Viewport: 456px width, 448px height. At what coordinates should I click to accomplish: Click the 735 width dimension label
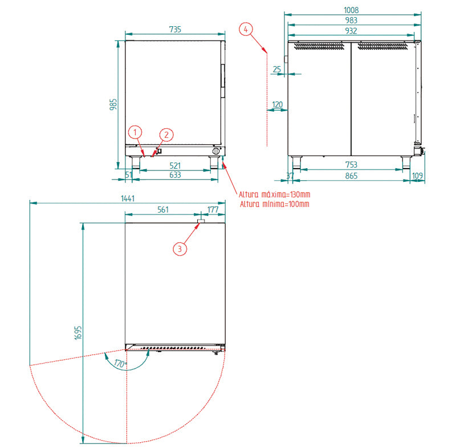point(175,30)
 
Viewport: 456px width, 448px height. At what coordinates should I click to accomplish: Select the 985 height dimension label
point(113,104)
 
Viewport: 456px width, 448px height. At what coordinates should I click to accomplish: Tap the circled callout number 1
point(135,133)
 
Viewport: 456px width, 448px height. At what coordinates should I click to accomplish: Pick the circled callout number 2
point(166,135)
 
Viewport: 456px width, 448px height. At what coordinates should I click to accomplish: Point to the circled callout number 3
point(180,249)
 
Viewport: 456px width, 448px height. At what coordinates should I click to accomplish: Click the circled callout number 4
point(246,30)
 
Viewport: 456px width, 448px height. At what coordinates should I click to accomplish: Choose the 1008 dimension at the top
point(351,10)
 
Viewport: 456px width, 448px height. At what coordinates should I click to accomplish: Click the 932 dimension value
point(351,31)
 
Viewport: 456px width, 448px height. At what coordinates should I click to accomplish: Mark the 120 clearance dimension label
point(277,105)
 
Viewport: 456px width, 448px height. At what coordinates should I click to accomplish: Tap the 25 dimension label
point(277,69)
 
